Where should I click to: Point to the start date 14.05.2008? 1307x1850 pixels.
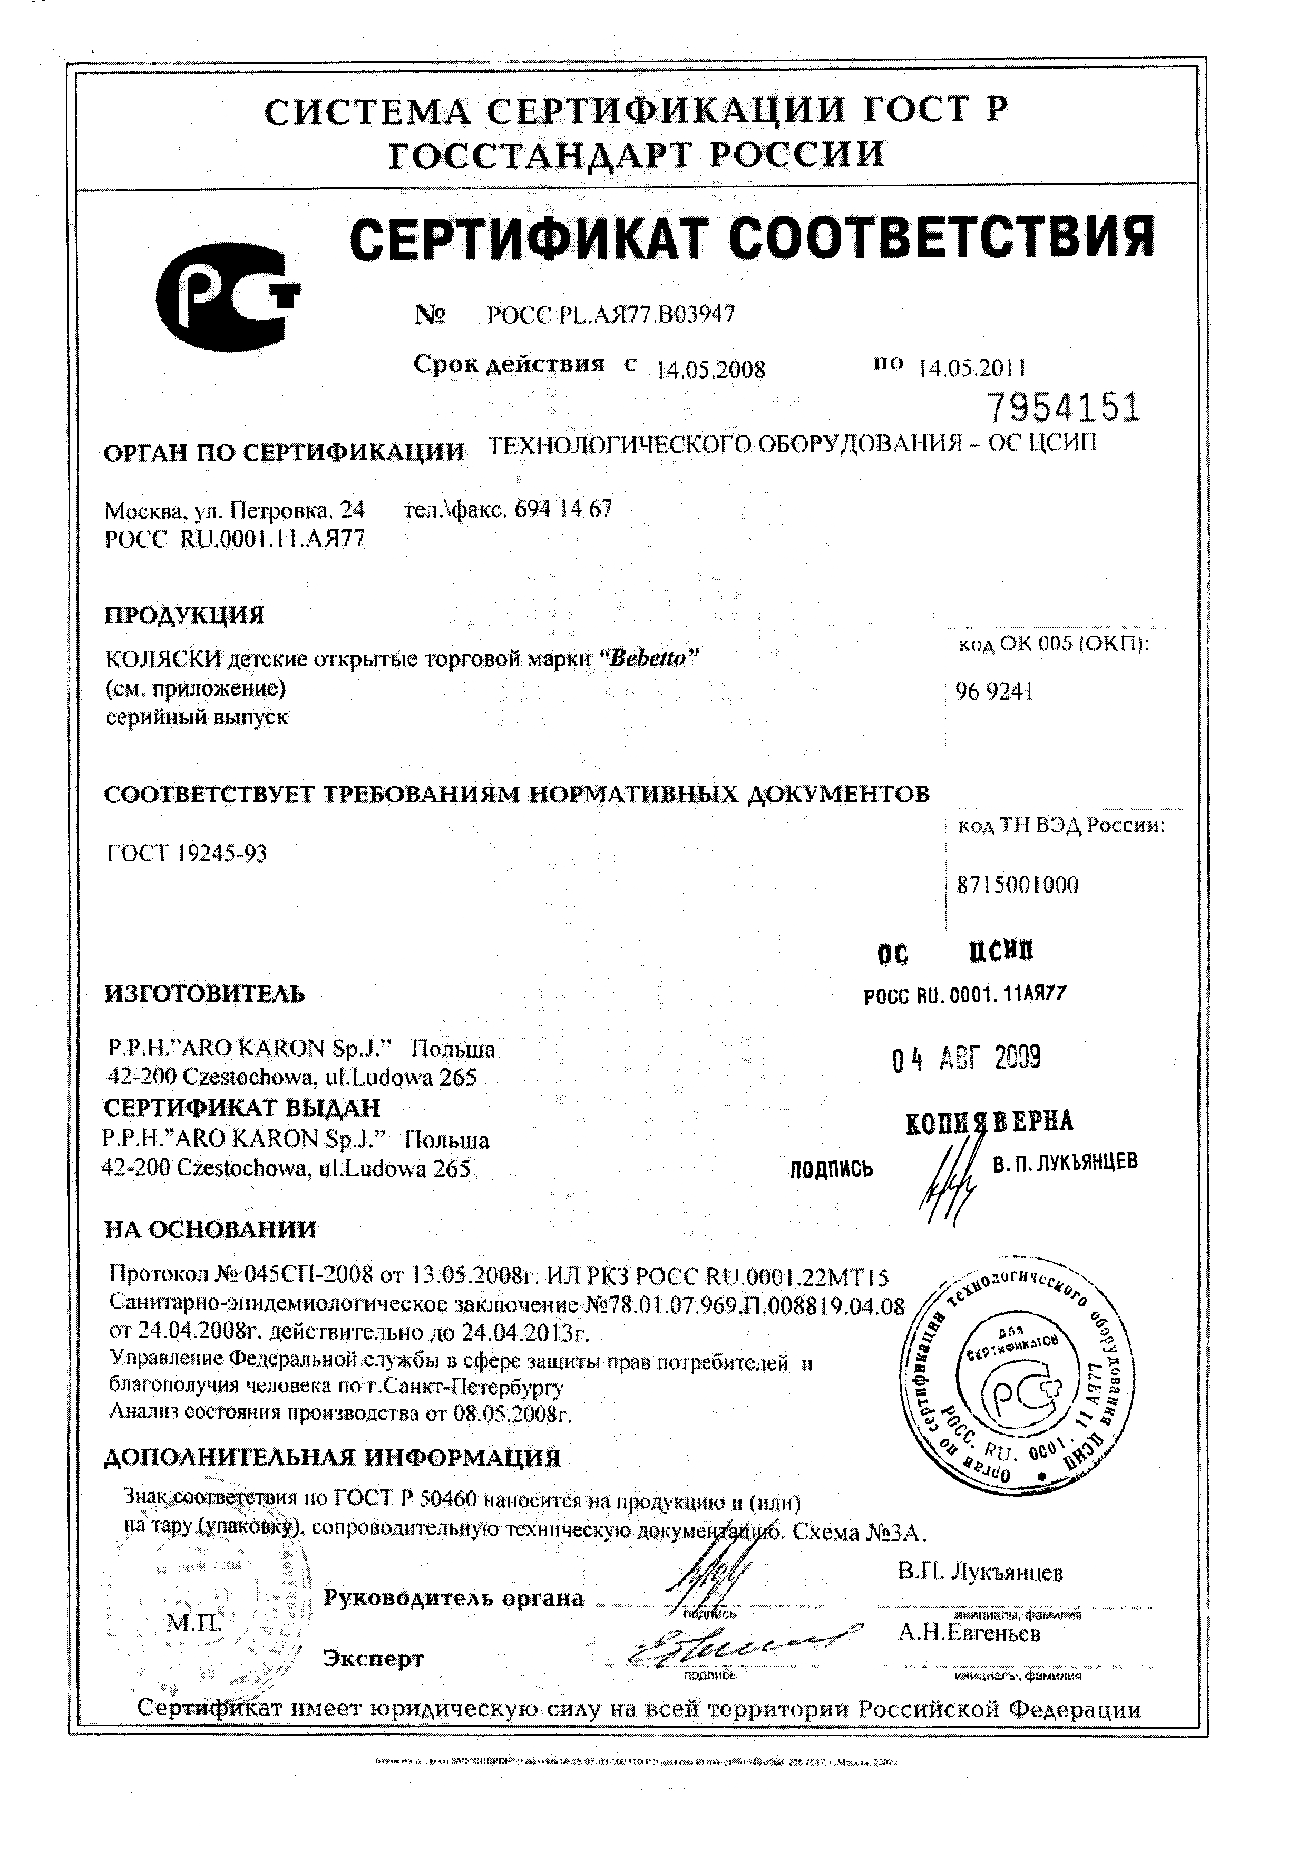pos(710,369)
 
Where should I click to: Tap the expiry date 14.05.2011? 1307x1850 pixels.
pos(971,368)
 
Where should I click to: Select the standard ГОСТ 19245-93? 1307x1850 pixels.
pos(187,853)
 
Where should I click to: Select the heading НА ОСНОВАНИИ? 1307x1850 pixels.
pos(211,1229)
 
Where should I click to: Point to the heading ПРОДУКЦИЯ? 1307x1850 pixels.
pos(184,616)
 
